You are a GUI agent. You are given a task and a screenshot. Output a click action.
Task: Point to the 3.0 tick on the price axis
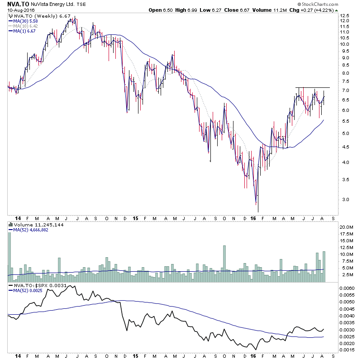click(344, 199)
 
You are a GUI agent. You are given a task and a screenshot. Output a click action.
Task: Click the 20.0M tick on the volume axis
click(347, 226)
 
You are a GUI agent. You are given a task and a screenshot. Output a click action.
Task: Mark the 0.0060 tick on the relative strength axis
click(348, 288)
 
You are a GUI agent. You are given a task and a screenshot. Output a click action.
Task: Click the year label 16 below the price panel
click(253, 218)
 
